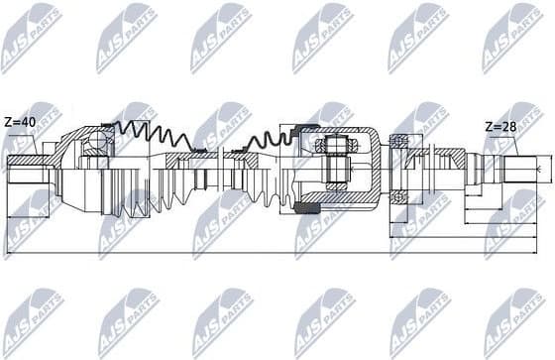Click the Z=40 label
(20, 122)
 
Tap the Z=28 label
(499, 127)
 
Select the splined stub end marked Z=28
(526, 169)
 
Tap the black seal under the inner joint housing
(303, 211)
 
